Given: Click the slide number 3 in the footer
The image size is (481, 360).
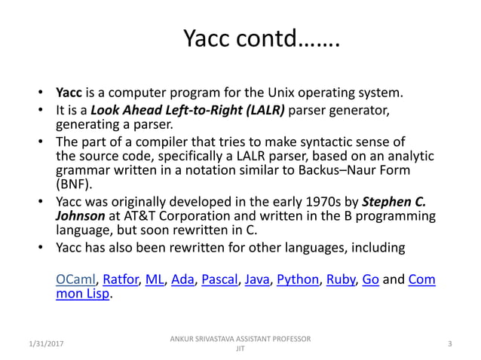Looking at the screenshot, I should [x=449, y=344].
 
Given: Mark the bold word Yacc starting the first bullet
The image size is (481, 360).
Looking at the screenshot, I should [x=70, y=94].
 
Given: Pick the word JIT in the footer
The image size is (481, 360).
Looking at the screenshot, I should [x=240, y=349].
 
